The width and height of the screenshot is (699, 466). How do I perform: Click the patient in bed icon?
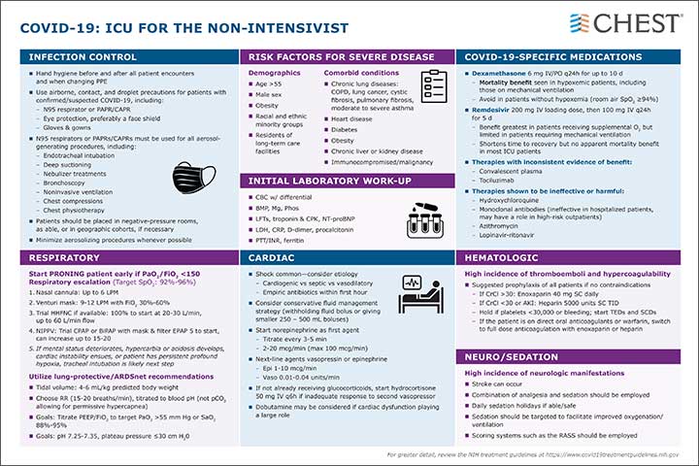point(416,292)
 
